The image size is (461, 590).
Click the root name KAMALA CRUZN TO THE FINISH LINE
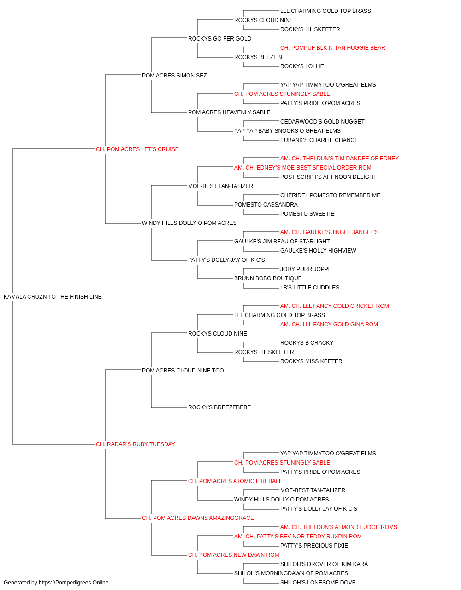(53, 297)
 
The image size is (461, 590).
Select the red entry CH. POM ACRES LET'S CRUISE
(137, 149)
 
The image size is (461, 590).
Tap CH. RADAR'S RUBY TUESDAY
(135, 444)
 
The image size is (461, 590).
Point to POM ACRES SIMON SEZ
(174, 76)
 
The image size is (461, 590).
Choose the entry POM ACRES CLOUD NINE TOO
(183, 371)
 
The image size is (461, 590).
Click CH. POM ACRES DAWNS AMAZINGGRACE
(198, 518)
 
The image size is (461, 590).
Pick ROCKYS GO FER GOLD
(219, 39)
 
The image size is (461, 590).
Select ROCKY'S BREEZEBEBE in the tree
(219, 407)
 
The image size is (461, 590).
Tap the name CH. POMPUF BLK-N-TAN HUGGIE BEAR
(332, 48)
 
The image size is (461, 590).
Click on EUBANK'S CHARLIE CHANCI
(318, 140)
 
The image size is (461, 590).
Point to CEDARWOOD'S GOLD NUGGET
(322, 122)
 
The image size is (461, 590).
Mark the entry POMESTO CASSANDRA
(266, 205)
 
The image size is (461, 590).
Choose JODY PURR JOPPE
(306, 269)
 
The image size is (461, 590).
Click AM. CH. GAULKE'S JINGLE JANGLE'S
(329, 232)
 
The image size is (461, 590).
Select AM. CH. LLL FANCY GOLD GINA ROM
(329, 324)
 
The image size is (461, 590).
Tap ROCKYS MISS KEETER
(311, 361)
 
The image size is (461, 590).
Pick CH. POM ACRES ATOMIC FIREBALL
(235, 481)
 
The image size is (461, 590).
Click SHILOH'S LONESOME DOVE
(318, 583)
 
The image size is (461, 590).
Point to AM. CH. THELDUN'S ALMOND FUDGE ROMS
(338, 527)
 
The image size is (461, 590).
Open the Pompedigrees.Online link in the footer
(73, 583)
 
